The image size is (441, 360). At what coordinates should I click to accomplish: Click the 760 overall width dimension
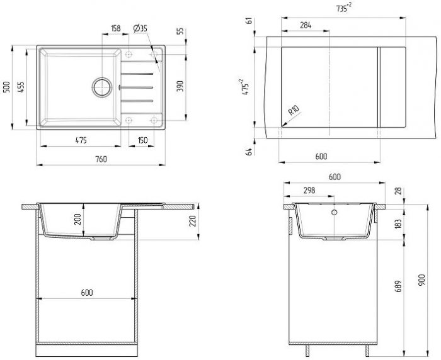coord(101,159)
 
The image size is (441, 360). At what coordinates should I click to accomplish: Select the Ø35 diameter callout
coord(140,28)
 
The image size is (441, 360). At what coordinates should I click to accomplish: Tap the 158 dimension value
coord(115,28)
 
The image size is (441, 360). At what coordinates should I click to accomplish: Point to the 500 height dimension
coord(7,87)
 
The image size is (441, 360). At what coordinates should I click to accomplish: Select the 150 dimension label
coord(142,139)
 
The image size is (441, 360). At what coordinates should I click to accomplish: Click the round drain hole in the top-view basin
coord(101,87)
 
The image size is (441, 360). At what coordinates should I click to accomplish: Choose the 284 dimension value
coord(305,25)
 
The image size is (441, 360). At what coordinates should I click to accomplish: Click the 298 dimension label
coord(309,190)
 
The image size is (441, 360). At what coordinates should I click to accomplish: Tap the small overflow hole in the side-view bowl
coord(334,212)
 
